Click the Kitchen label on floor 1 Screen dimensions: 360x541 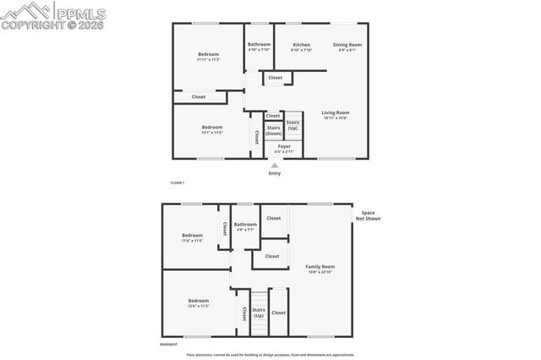(301, 45)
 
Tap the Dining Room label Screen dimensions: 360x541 (347, 45)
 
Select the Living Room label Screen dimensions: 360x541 (336, 112)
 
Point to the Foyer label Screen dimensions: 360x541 (284, 146)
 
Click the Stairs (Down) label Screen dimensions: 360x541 (274, 131)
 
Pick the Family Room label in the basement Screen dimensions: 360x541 (320, 266)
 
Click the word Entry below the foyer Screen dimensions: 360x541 (275, 173)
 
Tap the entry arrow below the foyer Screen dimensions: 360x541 (275, 166)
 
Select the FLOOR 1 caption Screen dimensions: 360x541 (177, 183)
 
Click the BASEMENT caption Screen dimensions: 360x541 (170, 345)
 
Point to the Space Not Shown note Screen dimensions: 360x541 (368, 215)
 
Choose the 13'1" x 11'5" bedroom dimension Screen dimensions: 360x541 (211, 133)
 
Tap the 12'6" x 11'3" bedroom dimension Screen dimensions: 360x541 (198, 306)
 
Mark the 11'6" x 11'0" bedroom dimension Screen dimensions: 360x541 (192, 241)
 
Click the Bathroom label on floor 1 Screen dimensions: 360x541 (259, 45)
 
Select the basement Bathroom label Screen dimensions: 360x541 (246, 224)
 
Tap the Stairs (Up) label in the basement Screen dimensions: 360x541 (259, 313)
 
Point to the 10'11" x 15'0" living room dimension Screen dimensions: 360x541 (336, 118)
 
